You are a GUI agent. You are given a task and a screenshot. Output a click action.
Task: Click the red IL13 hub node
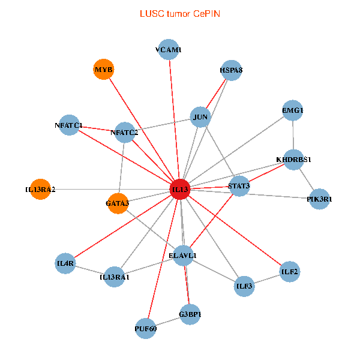[180, 189]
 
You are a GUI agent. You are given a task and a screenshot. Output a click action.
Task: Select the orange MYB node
[104, 70]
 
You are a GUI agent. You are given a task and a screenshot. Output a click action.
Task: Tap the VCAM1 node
[168, 50]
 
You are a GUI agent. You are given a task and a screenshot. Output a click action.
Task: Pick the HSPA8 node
[231, 70]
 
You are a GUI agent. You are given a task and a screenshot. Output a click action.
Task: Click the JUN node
[200, 116]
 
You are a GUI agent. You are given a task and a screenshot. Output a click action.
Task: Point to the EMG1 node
[293, 110]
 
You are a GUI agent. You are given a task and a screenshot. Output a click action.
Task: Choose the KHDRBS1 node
[293, 160]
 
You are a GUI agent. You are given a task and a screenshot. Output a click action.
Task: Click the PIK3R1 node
[320, 199]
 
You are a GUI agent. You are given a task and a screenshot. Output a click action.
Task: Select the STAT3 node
[239, 186]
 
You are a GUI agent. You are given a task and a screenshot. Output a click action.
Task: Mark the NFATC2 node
[125, 132]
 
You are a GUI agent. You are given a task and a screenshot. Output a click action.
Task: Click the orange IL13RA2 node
[40, 190]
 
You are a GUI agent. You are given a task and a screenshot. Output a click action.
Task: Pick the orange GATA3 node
[118, 203]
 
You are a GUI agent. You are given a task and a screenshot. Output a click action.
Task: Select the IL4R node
[65, 263]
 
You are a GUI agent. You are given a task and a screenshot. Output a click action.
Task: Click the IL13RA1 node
[115, 277]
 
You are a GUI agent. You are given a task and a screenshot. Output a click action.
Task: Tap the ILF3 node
[244, 286]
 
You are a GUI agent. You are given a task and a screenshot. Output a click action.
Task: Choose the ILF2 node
[289, 272]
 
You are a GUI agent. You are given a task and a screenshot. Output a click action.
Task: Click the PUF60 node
[146, 328]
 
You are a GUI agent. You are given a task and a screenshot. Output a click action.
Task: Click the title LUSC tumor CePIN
[179, 13]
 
